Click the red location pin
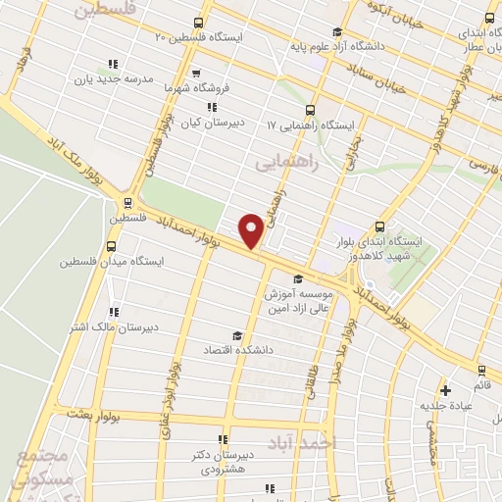pyautogui.click(x=252, y=230)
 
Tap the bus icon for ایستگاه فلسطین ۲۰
pyautogui.click(x=200, y=23)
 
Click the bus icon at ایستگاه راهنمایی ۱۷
pyautogui.click(x=311, y=110)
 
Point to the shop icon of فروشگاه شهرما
pyautogui.click(x=196, y=73)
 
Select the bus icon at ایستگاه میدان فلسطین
pyautogui.click(x=110, y=246)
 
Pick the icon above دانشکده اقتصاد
pyautogui.click(x=234, y=335)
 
